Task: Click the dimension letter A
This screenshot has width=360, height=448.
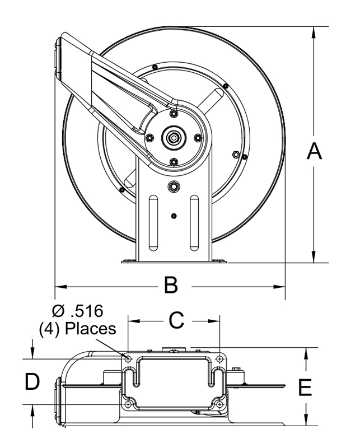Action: point(314,151)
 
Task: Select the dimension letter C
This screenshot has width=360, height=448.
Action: point(176,321)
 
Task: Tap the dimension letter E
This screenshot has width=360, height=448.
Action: point(305,388)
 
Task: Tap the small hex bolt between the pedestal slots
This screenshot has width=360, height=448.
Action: point(173,214)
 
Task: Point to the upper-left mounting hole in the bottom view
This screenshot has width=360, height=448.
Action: point(128,359)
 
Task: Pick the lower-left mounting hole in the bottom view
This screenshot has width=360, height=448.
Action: point(128,404)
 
